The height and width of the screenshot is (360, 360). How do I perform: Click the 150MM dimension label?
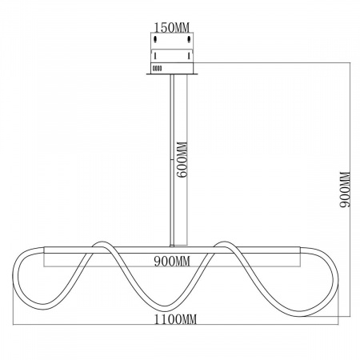(172, 27)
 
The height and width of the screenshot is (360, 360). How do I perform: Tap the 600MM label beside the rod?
(183, 159)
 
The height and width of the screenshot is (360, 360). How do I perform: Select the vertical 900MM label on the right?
(345, 190)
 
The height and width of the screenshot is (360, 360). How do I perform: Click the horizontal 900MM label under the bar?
(172, 261)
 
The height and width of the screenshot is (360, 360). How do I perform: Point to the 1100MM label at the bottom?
(176, 319)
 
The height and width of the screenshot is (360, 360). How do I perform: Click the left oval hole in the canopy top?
(155, 39)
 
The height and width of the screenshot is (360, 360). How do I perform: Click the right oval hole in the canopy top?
(189, 39)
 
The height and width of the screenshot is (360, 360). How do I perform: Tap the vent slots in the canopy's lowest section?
(157, 68)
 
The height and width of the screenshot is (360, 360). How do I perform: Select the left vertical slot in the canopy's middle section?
(155, 56)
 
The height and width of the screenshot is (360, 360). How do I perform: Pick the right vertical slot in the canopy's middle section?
(189, 56)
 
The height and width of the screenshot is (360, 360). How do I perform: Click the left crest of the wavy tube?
(101, 243)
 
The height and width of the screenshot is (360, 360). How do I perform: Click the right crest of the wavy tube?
(223, 243)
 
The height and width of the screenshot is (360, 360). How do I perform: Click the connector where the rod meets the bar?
(172, 246)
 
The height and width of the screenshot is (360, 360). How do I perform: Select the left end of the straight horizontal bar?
(45, 250)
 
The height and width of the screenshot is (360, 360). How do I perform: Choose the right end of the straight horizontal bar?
(300, 250)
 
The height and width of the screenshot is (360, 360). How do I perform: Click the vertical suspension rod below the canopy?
(172, 159)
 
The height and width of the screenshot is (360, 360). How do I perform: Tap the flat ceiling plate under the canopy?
(172, 74)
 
